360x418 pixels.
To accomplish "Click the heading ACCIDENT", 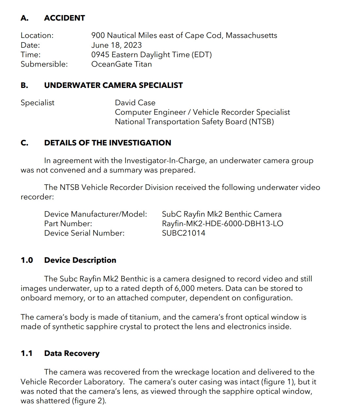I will (64, 18).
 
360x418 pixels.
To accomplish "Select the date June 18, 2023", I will (116, 45).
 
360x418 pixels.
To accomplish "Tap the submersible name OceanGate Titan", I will (121, 64).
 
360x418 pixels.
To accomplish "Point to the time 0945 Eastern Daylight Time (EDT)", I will (151, 55).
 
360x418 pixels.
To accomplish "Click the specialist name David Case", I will (135, 103).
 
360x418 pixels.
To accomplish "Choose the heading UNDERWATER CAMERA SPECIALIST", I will (113, 85).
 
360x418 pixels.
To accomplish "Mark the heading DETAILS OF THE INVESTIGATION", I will (108, 143).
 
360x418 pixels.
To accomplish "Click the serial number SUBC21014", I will (183, 233).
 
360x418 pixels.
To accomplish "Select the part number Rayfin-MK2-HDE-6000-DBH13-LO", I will (222, 224).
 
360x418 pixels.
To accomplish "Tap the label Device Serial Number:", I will (84, 233).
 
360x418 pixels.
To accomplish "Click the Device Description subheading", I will (80, 260).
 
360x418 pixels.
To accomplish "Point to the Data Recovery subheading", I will (72, 353).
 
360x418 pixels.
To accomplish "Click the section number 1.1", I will (26, 353).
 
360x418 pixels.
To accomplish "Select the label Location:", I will (37, 35).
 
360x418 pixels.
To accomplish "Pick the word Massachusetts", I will (251, 35).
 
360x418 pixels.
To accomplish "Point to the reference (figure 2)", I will (89, 401).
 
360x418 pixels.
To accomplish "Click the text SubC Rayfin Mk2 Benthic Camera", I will (221, 214).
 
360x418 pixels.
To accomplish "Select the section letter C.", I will (24, 143).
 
